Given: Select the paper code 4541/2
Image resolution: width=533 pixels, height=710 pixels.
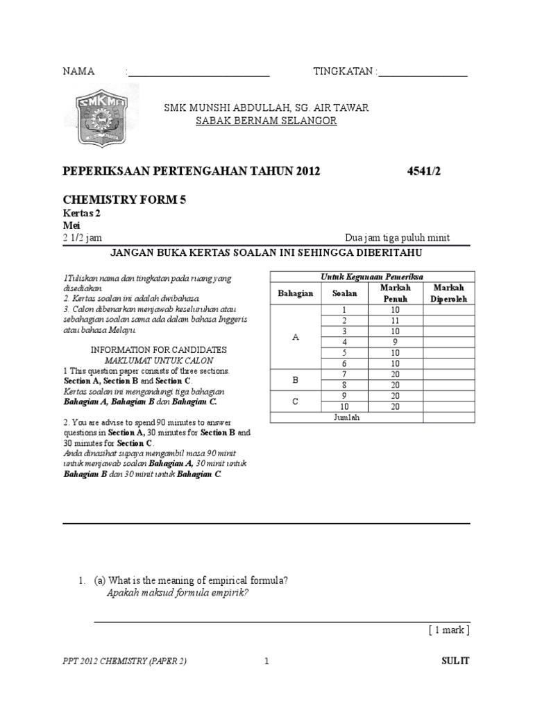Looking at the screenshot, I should coord(423,172).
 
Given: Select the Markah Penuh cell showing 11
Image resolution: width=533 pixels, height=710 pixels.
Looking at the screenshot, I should coord(394,320).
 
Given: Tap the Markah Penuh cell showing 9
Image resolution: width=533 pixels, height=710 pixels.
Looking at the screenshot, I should coord(394,343).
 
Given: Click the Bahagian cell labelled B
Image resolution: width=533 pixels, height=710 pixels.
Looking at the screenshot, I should coord(296,381).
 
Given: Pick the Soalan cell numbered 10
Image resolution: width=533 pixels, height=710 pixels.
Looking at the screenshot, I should coord(343,406).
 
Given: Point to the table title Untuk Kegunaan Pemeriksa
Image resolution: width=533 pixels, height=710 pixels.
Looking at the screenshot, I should coord(372,277).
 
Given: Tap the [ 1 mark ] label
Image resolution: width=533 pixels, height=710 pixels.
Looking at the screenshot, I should coord(449,630).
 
